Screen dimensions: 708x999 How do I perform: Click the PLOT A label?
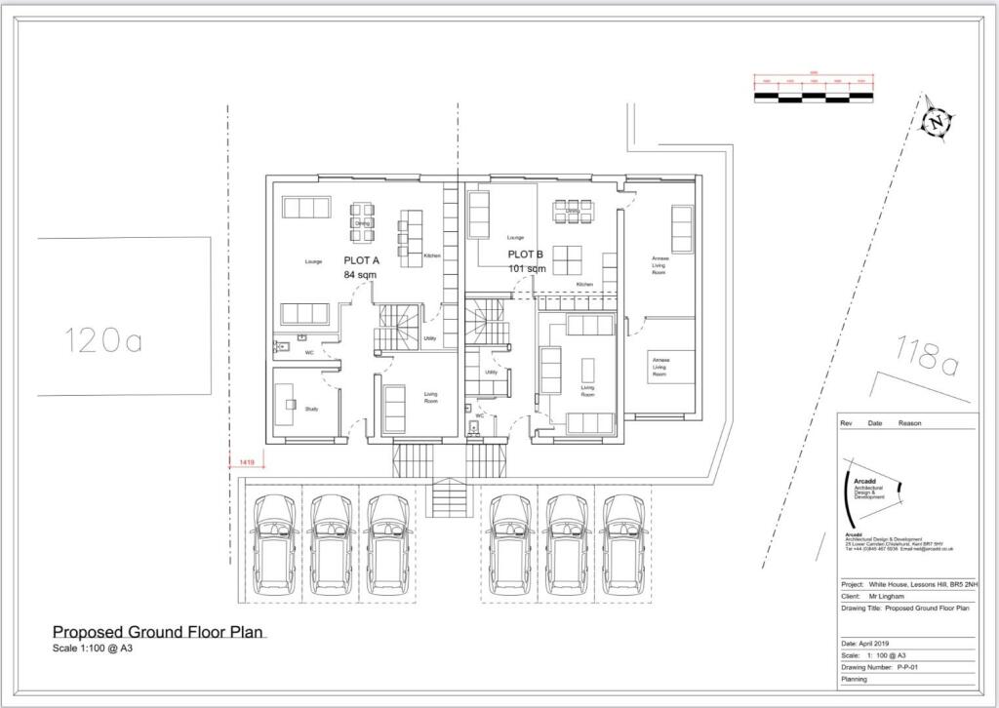pos(361,260)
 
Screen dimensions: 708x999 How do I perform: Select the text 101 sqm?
pos(527,268)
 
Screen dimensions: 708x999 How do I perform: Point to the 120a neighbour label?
pos(102,340)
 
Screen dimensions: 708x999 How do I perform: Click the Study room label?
pos(311,409)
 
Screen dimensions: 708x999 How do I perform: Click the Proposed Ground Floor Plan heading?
pos(158,632)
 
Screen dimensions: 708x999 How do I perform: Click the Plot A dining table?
pos(362,222)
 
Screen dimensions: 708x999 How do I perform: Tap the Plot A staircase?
pos(396,329)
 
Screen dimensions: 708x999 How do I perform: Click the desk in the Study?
pos(288,401)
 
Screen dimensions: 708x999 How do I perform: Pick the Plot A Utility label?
pos(429,339)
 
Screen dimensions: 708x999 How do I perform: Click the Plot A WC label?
pos(308,352)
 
